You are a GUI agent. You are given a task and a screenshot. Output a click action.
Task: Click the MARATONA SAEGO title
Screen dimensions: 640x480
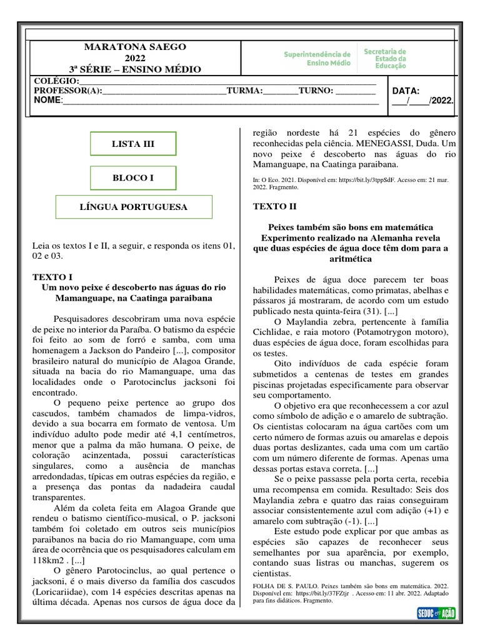coord(135,47)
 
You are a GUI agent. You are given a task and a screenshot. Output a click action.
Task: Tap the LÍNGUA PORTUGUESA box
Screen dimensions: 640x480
coord(134,207)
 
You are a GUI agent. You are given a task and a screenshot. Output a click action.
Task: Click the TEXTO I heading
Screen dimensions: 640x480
coord(52,276)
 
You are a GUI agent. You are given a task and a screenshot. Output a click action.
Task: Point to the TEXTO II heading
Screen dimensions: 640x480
coord(274,206)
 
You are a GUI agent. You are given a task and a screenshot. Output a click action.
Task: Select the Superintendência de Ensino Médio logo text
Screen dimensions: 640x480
coord(317,59)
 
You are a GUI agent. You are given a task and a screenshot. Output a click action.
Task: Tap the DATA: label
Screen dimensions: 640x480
coord(406,91)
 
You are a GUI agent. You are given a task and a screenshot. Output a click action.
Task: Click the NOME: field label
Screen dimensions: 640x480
coord(48,100)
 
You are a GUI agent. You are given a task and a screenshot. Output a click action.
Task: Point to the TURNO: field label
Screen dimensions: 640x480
coord(316,91)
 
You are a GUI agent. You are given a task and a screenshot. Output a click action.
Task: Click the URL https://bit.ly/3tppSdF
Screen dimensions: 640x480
coord(371,179)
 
